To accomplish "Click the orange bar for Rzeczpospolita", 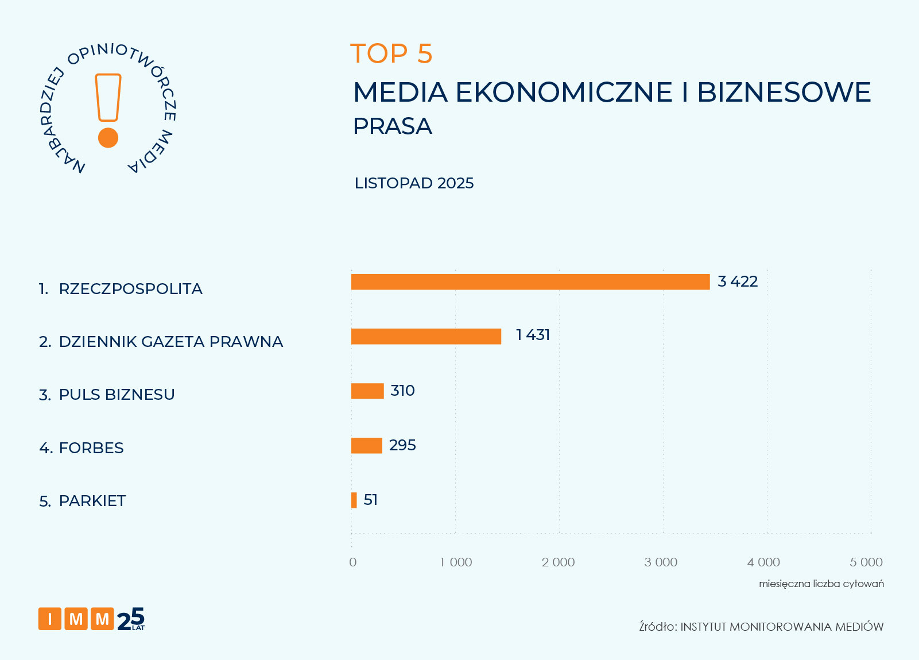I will coord(530,282).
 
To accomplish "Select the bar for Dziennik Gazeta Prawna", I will coord(426,337).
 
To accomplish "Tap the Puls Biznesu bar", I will coord(367,391).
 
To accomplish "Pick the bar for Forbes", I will coord(366,446).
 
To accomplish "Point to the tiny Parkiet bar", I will coord(354,500).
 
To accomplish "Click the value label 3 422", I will coord(738,281).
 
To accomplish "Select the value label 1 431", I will coord(533,335).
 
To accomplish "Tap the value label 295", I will coord(402,445).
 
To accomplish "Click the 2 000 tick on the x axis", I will coord(558,562).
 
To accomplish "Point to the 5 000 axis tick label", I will coord(866,562).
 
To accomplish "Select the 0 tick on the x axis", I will coord(352,562).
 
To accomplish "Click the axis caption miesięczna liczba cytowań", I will coord(821,584).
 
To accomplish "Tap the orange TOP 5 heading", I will coord(391,54).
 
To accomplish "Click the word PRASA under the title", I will coord(392,126).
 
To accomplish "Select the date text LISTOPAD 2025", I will coord(414,183).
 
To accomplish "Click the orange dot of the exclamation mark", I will coord(108,138).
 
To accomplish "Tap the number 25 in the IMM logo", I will coord(130,619).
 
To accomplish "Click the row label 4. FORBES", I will coord(82,448).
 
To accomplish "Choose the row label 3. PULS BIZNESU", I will coord(107,395).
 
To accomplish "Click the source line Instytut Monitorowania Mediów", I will coord(761,627).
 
